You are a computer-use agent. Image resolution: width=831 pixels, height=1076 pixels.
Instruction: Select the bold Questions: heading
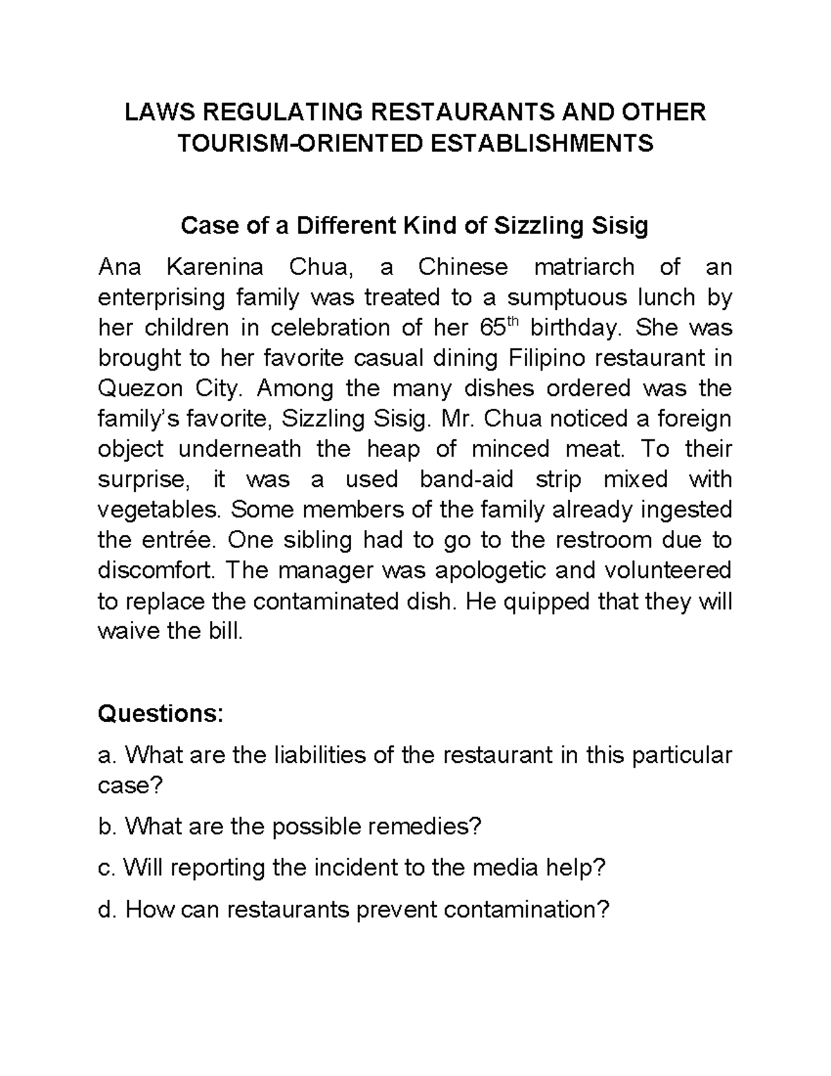(161, 714)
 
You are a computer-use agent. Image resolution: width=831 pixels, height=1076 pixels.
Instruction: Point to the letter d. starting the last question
(107, 908)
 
